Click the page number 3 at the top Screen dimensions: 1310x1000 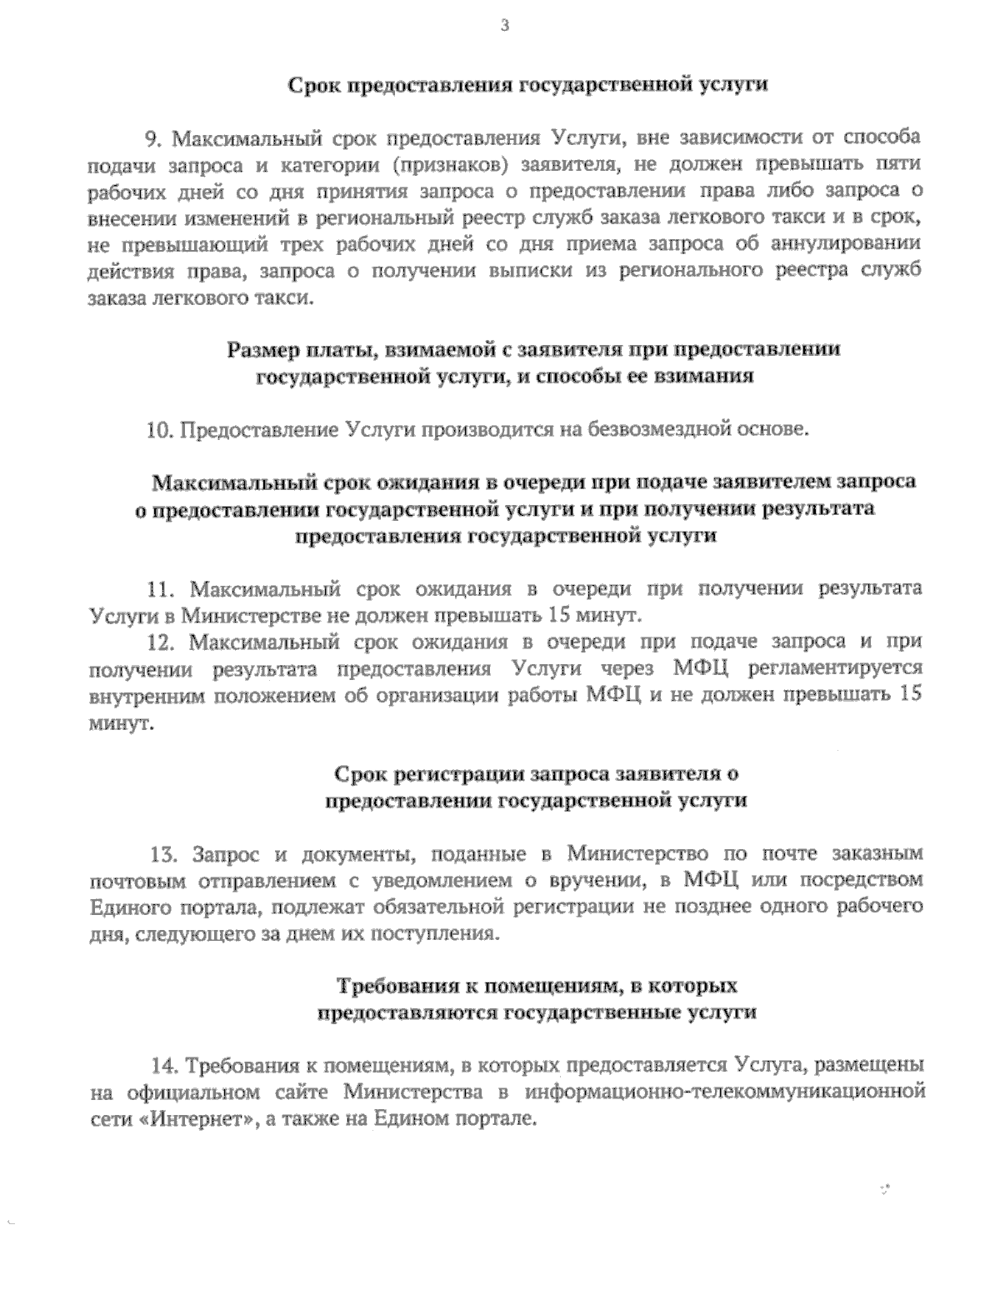point(503,25)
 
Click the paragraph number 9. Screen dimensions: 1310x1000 point(152,137)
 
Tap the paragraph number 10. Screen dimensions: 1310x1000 point(158,430)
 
